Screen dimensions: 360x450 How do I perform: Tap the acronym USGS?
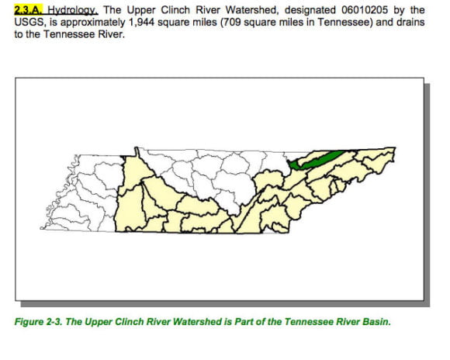coord(29,22)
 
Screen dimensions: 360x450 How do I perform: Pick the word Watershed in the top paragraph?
coord(243,10)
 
